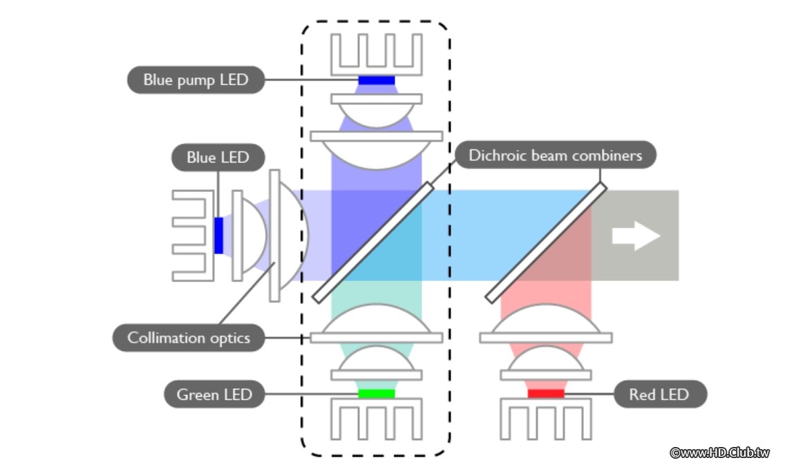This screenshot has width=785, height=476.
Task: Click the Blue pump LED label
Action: (x=196, y=79)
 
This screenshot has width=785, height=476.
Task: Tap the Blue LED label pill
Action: (x=218, y=157)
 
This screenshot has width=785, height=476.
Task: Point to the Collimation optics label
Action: (x=188, y=338)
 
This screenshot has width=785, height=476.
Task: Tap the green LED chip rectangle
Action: (x=376, y=394)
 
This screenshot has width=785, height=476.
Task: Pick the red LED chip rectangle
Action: (x=545, y=394)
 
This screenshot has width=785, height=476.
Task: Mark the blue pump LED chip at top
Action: (x=376, y=81)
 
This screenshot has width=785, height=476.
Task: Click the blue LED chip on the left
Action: (x=218, y=235)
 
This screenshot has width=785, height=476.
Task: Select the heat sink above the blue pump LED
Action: (x=376, y=54)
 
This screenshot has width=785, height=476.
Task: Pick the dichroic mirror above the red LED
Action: (x=546, y=242)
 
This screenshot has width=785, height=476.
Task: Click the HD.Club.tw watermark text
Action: (x=719, y=453)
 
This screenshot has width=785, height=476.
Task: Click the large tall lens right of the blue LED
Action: (x=287, y=235)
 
